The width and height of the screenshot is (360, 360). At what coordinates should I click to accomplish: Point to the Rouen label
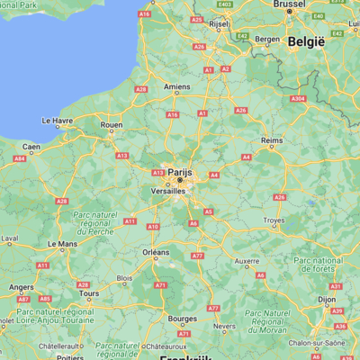[x=111, y=125]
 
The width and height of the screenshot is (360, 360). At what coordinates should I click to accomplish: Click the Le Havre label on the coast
[x=58, y=120]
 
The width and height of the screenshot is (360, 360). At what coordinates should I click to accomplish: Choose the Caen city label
[x=31, y=147]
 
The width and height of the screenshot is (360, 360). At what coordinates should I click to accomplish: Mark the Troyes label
[x=273, y=220]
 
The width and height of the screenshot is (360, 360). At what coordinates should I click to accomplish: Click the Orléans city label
[x=156, y=253]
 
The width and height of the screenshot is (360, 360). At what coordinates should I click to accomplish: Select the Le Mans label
[x=61, y=243]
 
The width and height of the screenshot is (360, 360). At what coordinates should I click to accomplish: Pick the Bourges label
[x=182, y=319]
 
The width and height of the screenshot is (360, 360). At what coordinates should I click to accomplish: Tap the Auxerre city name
[x=247, y=262]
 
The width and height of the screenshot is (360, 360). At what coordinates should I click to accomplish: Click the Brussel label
[x=290, y=4]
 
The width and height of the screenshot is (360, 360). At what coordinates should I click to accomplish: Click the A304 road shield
[x=299, y=99]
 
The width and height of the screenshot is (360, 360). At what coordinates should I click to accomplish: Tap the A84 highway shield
[x=20, y=159]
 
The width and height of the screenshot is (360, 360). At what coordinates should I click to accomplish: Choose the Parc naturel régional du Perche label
[x=101, y=221]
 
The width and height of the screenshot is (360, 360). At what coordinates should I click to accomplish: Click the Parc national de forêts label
[x=317, y=265]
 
